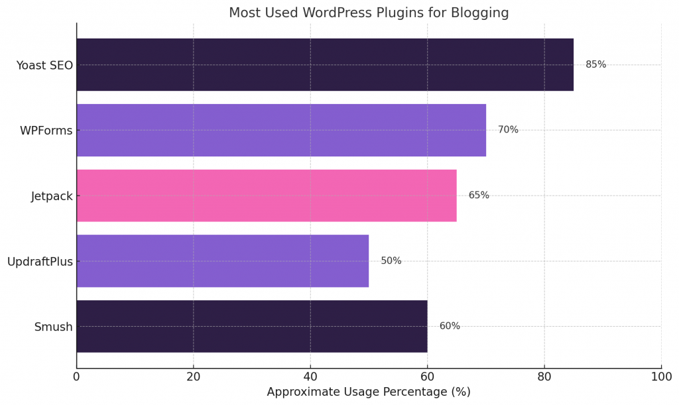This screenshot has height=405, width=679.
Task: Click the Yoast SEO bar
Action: (325, 64)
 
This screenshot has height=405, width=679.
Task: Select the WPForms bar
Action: (281, 130)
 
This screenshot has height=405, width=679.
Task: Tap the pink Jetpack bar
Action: (267, 196)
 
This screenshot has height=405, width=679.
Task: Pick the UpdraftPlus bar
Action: (222, 260)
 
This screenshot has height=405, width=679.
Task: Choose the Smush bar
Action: (252, 326)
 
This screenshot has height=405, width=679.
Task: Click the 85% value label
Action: (595, 64)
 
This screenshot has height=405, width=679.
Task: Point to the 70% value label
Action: (508, 130)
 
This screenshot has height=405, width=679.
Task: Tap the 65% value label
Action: (479, 196)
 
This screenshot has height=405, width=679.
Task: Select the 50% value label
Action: (391, 260)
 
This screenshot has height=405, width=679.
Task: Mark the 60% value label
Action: (450, 326)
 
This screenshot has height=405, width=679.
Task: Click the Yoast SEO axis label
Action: (44, 65)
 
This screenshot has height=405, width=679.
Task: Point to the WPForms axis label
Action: (46, 131)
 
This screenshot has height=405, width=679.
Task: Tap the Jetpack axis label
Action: (52, 196)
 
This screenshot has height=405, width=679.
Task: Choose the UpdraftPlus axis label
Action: (40, 261)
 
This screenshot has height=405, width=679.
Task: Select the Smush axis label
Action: (53, 327)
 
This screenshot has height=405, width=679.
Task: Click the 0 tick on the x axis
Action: (76, 376)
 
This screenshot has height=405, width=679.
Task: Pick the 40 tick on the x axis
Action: (310, 376)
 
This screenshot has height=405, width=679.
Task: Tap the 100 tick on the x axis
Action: (661, 376)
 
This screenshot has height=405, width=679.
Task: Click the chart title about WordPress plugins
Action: (369, 13)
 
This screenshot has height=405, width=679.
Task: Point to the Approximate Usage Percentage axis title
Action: (369, 392)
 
